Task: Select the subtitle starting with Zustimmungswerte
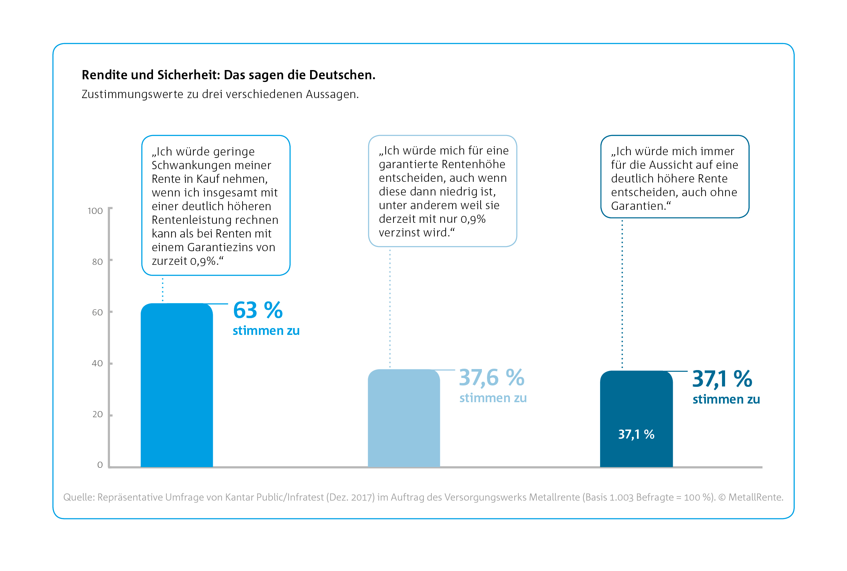(x=220, y=94)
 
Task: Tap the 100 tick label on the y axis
(x=95, y=211)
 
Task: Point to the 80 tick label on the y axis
(x=97, y=262)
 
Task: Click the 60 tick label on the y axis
(x=97, y=312)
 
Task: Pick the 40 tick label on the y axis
(x=97, y=364)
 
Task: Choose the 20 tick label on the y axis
(x=97, y=414)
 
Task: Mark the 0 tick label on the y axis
(x=100, y=465)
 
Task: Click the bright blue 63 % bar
(x=177, y=386)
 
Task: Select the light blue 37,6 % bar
(x=404, y=419)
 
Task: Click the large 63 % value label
(x=258, y=310)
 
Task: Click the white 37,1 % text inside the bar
(x=636, y=434)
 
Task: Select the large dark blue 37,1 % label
(x=722, y=379)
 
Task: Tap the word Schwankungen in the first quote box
(x=190, y=165)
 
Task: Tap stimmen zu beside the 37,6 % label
(x=493, y=398)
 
